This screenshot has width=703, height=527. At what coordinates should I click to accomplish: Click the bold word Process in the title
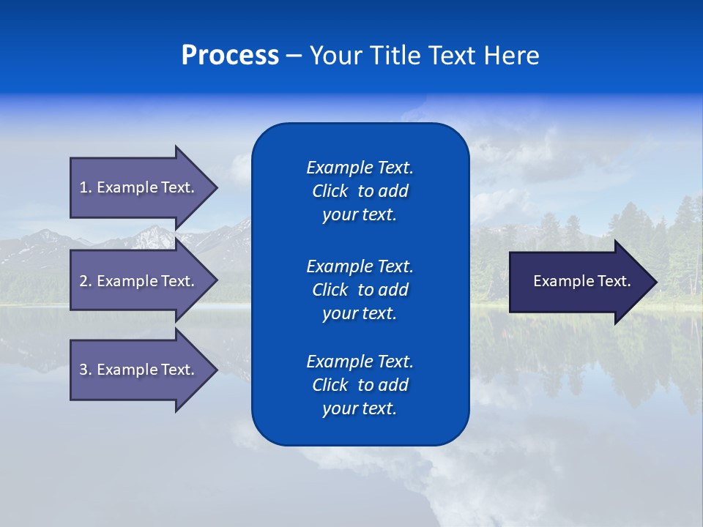click(230, 56)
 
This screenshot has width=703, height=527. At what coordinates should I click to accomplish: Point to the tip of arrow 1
click(216, 187)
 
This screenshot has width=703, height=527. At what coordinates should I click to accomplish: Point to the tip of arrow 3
click(216, 370)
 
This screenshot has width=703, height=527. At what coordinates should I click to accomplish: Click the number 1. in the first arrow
click(85, 187)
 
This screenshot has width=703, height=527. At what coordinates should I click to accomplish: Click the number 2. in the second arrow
click(85, 281)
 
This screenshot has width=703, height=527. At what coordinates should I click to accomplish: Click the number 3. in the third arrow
click(85, 370)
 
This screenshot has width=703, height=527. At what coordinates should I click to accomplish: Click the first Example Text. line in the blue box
click(360, 168)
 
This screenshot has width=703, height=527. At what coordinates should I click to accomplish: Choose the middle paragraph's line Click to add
click(360, 290)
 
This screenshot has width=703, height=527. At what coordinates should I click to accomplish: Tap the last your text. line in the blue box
click(360, 408)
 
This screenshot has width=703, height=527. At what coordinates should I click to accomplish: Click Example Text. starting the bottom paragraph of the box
click(360, 362)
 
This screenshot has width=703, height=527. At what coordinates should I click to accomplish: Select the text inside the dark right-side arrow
click(581, 281)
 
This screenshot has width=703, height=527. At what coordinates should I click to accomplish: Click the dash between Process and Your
click(294, 56)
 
